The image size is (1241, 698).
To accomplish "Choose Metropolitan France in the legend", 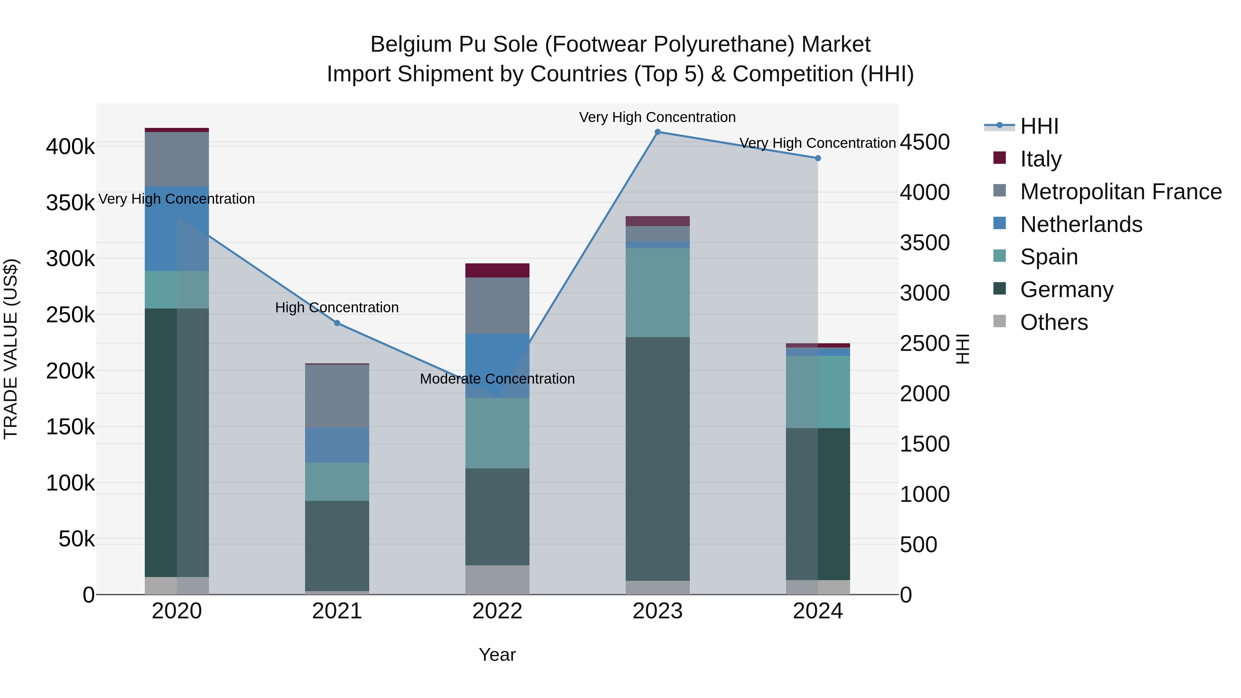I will (x=1121, y=192).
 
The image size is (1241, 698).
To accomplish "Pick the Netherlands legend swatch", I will (x=1000, y=223).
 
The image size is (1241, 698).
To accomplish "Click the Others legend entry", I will (x=1053, y=322).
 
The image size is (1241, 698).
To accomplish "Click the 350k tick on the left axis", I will (x=70, y=203).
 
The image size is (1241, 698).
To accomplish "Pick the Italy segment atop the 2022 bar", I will (x=497, y=270).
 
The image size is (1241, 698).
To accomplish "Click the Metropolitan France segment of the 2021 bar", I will (x=337, y=396).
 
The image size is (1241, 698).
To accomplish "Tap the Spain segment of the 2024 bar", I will (x=818, y=392).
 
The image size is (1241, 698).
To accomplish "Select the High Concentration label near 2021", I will (x=337, y=307).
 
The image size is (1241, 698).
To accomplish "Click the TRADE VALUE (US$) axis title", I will (x=11, y=349).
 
